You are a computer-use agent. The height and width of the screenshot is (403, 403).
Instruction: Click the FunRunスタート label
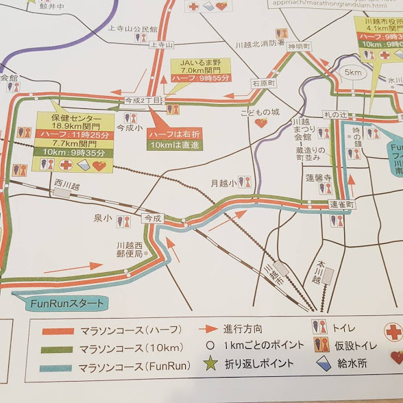point(60,302)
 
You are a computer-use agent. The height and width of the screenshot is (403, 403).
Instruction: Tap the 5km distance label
point(353,71)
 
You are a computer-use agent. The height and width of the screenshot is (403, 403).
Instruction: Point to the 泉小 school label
point(102,218)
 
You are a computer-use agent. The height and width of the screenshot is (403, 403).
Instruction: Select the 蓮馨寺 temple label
point(319,177)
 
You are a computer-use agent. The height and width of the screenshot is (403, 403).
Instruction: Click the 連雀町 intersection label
point(341,205)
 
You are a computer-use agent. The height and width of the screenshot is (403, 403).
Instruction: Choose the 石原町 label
point(262,82)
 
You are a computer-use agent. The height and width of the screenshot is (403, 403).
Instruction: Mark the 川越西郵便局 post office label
point(130,249)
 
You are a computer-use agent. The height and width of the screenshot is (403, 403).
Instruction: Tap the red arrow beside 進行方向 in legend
point(210,328)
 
